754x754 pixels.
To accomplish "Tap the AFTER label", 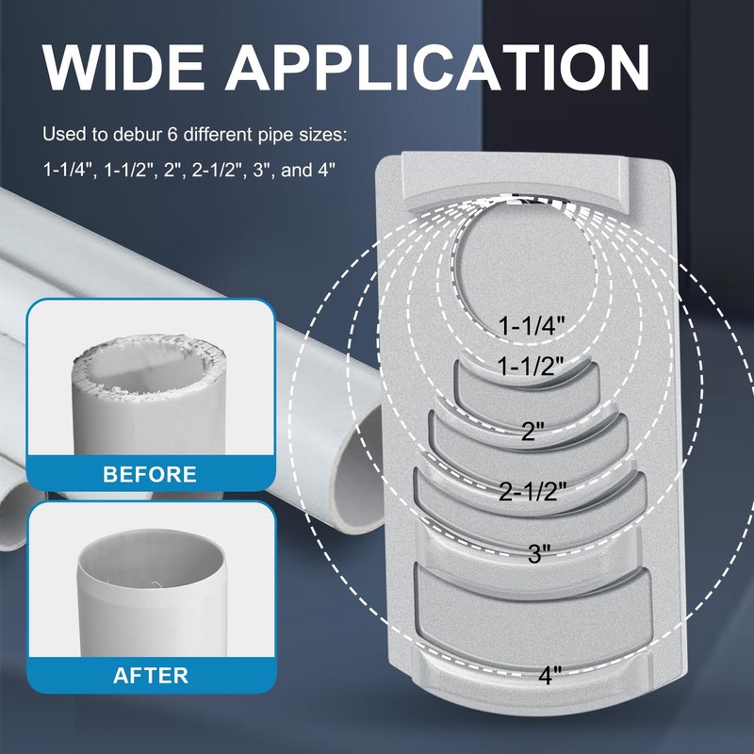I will click(151, 675).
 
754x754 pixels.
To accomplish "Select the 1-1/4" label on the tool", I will click(532, 325).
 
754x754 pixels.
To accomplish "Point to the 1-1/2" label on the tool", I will click(532, 366).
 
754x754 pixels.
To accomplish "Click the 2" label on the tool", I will click(533, 433).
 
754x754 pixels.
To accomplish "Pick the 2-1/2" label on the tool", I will click(533, 491).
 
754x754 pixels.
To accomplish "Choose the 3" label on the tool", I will click(538, 554).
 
